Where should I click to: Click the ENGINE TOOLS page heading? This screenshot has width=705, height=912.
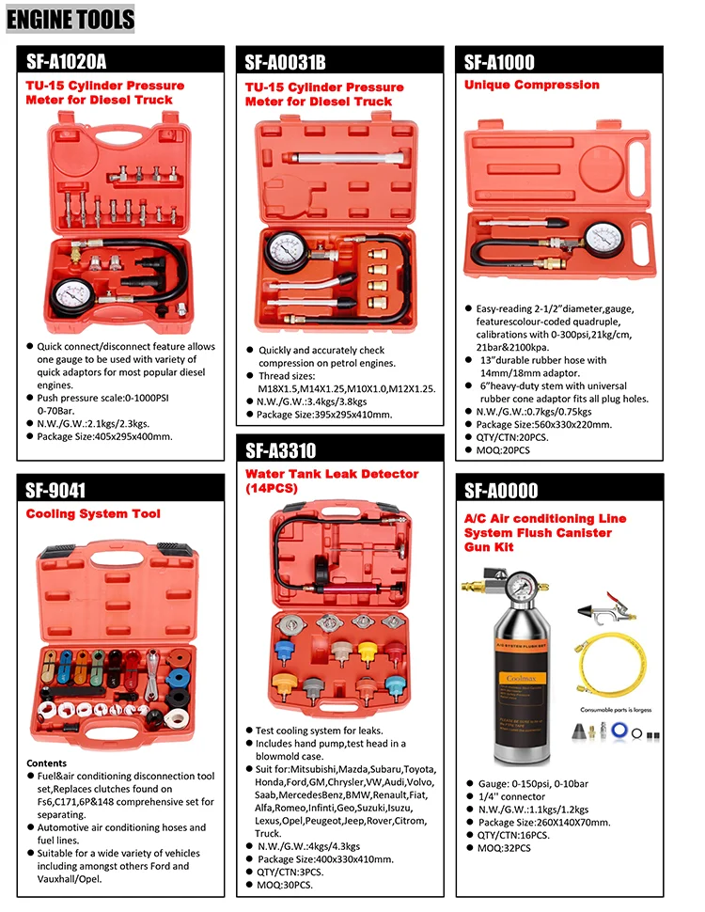click(x=70, y=18)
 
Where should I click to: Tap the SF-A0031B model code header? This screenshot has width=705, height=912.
click(x=285, y=63)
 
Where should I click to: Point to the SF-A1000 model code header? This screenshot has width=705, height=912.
click(x=498, y=62)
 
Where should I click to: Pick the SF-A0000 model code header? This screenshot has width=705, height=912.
click(x=501, y=491)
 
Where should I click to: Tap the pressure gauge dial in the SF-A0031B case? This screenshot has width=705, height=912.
click(x=285, y=249)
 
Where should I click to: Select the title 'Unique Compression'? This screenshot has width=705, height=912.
click(x=531, y=85)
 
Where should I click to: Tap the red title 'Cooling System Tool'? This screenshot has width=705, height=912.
click(x=93, y=513)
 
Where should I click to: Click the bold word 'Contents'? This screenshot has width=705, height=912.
click(x=47, y=763)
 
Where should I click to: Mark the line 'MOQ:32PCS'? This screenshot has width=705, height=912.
click(x=503, y=848)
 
